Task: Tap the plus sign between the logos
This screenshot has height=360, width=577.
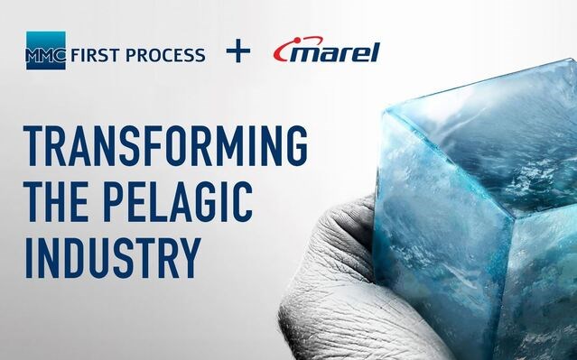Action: [x=237, y=51]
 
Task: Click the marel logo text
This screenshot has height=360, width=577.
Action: [x=335, y=51]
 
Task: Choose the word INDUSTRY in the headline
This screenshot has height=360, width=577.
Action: [x=113, y=255]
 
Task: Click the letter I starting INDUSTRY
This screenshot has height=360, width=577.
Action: [x=31, y=255]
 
